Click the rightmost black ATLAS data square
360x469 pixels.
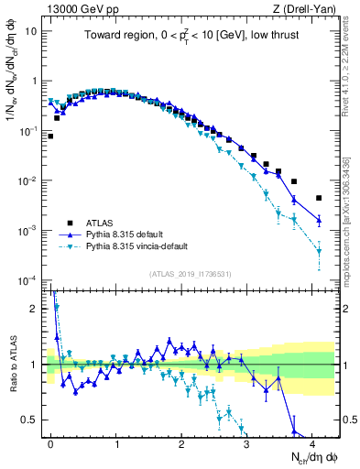pyautogui.click(x=319, y=198)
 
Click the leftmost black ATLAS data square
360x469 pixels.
pyautogui.click(x=50, y=136)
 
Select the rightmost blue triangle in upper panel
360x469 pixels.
pyautogui.click(x=319, y=220)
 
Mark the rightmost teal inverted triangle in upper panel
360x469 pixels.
pyautogui.click(x=319, y=251)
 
